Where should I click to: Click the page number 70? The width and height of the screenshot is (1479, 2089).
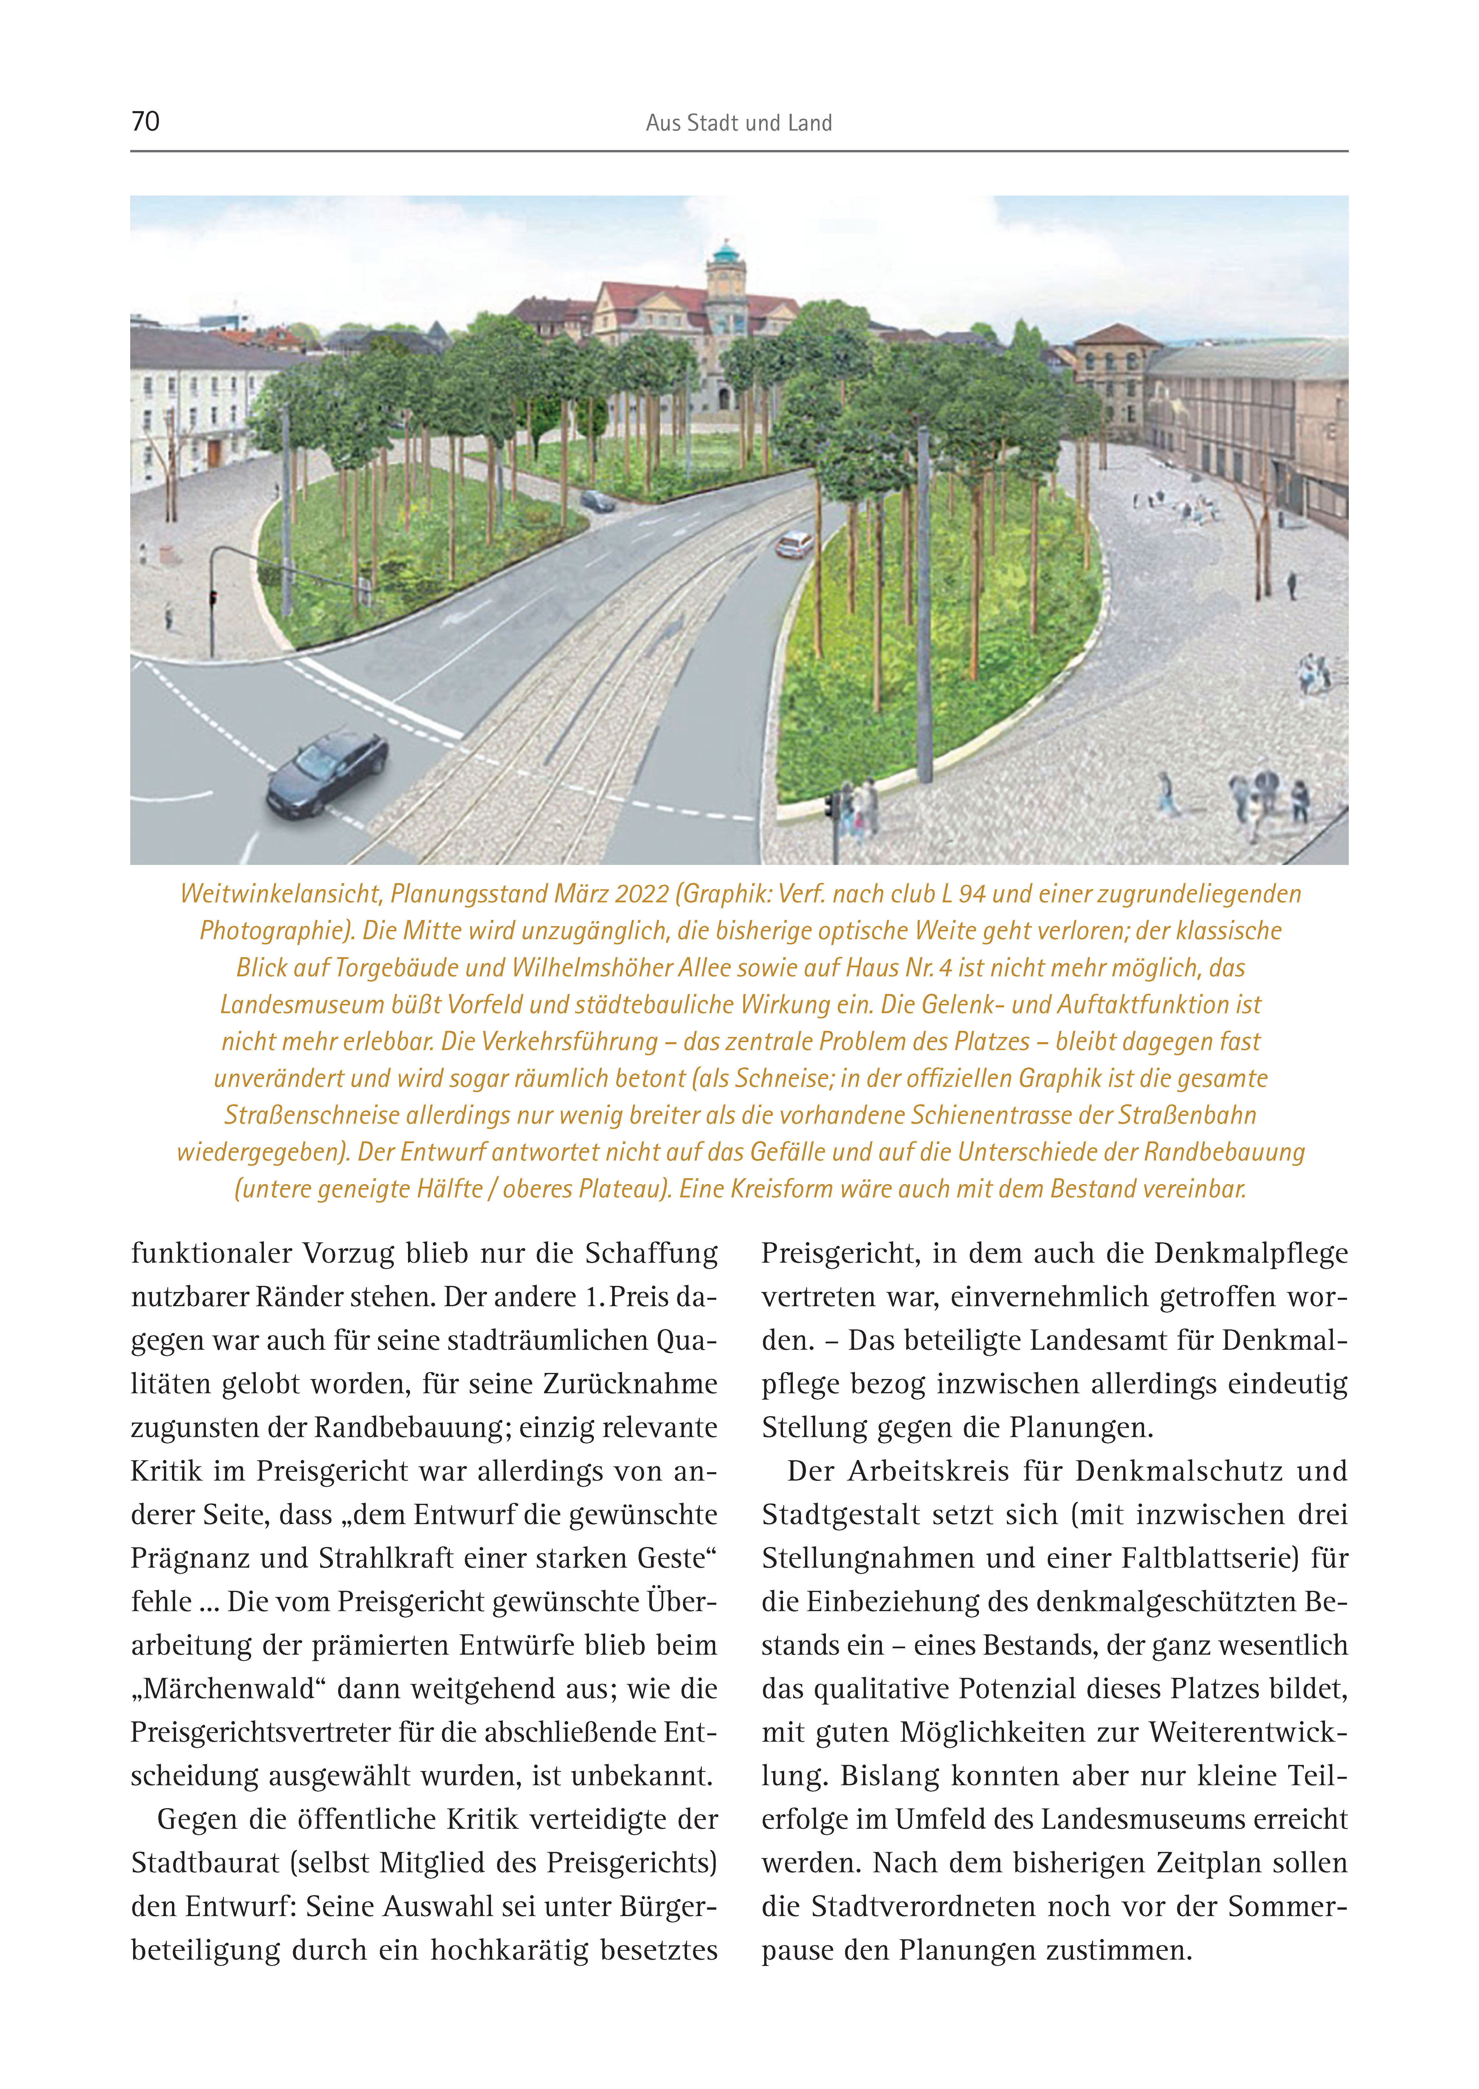146,121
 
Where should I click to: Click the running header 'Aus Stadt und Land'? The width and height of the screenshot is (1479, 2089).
739,123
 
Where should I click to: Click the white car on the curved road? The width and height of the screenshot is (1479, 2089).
794,545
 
